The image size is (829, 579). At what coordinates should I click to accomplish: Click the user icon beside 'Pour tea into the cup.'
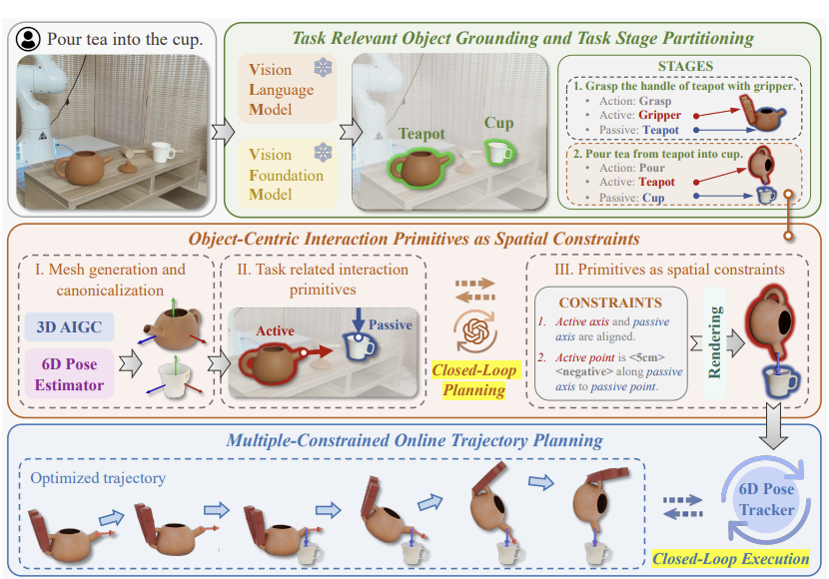[x=28, y=39]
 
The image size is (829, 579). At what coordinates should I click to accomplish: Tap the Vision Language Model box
[x=287, y=89]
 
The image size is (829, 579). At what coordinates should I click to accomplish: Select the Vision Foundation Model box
[x=287, y=174]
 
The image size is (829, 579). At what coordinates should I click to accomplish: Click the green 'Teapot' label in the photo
[x=421, y=134]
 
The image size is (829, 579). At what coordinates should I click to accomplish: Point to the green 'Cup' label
[x=498, y=123]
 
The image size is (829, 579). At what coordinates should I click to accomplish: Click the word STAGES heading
[x=685, y=66]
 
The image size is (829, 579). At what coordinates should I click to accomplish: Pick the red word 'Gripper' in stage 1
[x=659, y=115]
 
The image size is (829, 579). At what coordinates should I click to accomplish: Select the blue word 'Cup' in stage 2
[x=653, y=198]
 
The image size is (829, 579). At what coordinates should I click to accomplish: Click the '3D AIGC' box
[x=69, y=327]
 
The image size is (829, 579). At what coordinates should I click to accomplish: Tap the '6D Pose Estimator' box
[x=69, y=374]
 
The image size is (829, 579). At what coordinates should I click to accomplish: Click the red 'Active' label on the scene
[x=275, y=330]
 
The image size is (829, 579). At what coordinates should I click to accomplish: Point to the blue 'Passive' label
[x=391, y=324]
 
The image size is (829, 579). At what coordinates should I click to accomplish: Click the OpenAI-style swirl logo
[x=474, y=331]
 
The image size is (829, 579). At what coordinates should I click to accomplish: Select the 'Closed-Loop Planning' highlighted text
[x=474, y=379]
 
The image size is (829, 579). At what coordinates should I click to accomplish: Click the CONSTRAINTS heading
[x=610, y=302]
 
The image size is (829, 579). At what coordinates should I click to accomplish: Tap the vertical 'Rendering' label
[x=714, y=342]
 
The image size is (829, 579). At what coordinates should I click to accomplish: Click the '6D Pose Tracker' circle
[x=766, y=500]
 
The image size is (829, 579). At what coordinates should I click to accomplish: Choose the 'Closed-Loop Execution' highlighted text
[x=731, y=558]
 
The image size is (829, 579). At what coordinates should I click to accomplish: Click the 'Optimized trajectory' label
[x=98, y=478]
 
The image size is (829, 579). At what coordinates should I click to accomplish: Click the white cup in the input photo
[x=162, y=152]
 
